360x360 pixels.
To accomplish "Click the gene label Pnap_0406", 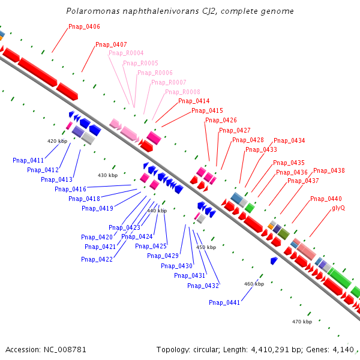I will tap(84, 26).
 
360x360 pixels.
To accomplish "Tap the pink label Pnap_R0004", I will tap(126, 53).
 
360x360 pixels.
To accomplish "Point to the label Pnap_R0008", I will tap(182, 92).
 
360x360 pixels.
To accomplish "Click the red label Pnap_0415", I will tap(207, 110).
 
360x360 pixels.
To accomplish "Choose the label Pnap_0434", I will tap(289, 140).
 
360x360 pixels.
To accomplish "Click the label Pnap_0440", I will tap(326, 199).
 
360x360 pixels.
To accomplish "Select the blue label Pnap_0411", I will tap(28, 160).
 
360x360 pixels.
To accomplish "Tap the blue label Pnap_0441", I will tap(224, 302).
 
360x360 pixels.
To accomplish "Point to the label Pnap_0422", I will tap(97, 259).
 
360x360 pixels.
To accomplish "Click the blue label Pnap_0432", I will tap(203, 286).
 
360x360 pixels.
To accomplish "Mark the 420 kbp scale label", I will tap(57, 141).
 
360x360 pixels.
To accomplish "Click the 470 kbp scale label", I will tap(302, 322).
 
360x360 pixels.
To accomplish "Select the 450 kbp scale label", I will tap(206, 247).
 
